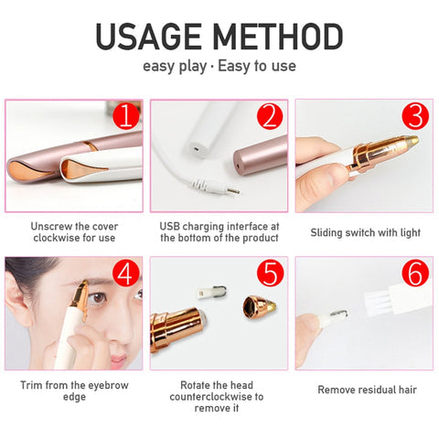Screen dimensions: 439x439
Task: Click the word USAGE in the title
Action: (148, 37)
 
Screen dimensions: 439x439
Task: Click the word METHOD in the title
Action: (278, 37)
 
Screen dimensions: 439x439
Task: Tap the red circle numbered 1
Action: (126, 116)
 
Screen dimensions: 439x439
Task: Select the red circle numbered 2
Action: (270, 116)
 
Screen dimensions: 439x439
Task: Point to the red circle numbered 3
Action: (415, 116)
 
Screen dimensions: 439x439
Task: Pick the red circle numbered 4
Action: (126, 273)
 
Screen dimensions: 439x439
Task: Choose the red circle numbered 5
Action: (270, 273)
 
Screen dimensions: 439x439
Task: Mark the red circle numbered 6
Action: (415, 273)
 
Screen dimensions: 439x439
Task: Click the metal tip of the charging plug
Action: (234, 191)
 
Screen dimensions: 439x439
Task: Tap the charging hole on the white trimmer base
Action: (197, 149)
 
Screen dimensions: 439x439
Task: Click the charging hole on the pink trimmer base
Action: (238, 166)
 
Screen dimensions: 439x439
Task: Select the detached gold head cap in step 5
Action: (260, 307)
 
